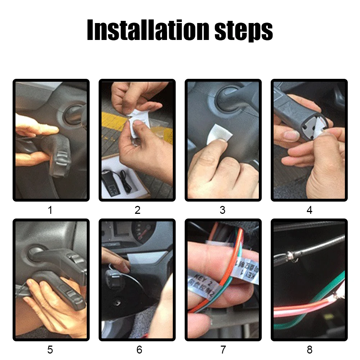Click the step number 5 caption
[50, 349]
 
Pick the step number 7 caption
[223, 349]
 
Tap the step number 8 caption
[309, 349]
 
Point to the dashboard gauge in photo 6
[144, 230]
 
